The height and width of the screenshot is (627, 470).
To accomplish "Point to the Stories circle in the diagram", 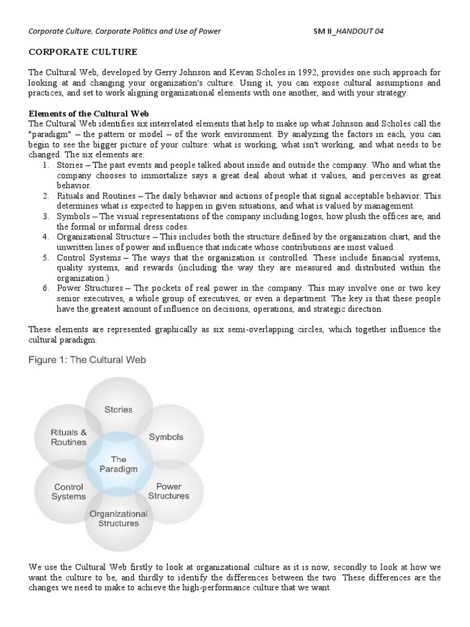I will (x=118, y=409).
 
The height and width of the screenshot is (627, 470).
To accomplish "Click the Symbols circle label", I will (x=166, y=437).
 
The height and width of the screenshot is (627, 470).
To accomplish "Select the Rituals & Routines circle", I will (x=69, y=437).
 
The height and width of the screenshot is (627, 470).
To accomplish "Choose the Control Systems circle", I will (x=69, y=491).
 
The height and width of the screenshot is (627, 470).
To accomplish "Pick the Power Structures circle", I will (x=168, y=491).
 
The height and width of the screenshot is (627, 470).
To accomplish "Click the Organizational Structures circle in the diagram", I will (x=118, y=519).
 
